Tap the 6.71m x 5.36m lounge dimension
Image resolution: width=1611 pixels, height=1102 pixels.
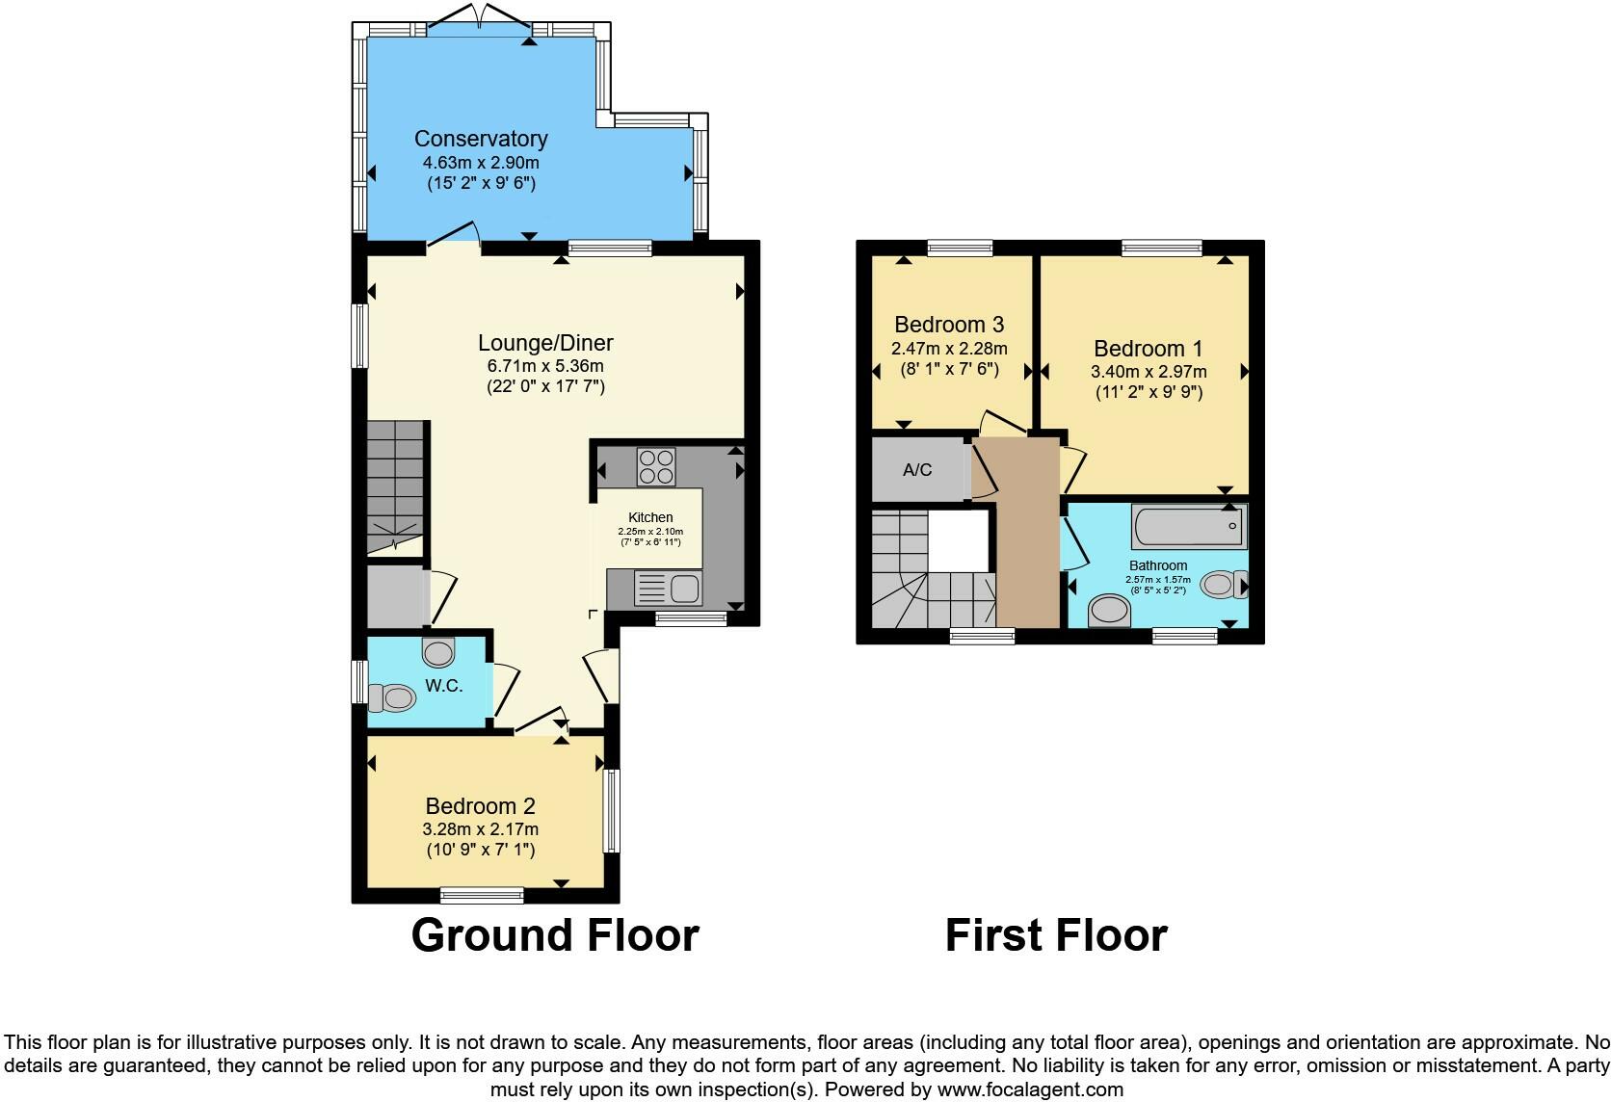[545, 366]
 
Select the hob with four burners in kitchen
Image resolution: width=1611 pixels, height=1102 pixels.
[656, 467]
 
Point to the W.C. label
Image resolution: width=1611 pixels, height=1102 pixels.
[444, 686]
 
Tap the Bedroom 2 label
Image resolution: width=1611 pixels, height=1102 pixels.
[480, 806]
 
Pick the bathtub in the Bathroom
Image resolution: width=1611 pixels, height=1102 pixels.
[1189, 526]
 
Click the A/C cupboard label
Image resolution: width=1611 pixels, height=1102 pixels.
[917, 470]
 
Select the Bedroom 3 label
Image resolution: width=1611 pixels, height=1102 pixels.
[950, 325]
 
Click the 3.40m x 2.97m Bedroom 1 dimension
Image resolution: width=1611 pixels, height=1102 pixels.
[1149, 371]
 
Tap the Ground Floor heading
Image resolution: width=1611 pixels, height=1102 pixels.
[554, 935]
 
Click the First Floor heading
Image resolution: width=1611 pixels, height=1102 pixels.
[1056, 935]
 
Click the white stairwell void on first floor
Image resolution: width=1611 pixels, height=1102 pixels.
[959, 539]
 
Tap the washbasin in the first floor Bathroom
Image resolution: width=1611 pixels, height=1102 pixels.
[1108, 611]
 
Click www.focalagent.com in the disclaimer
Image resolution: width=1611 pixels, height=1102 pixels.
[1030, 1089]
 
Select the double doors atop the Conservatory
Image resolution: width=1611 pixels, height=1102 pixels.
[479, 19]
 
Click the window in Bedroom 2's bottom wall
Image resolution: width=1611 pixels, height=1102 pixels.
[482, 895]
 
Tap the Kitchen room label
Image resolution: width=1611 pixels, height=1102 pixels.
[650, 517]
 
